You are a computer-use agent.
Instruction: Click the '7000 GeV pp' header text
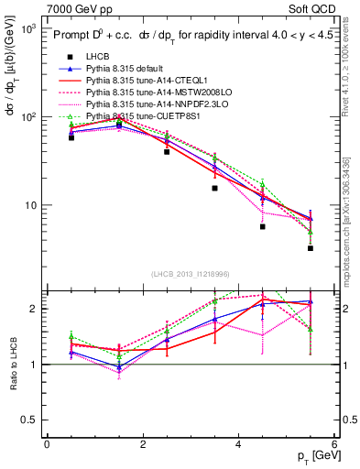[x=38, y=7]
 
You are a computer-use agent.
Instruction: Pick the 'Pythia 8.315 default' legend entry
[x=129, y=69]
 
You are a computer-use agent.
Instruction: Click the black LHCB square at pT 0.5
[x=71, y=137]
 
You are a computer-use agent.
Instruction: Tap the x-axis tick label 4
[x=238, y=444]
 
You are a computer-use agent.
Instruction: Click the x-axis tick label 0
[x=47, y=444]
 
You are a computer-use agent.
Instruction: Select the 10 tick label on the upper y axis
[x=28, y=205]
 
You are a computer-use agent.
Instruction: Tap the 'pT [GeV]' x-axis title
[x=312, y=457]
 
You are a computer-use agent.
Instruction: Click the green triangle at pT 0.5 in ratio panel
[x=71, y=336]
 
